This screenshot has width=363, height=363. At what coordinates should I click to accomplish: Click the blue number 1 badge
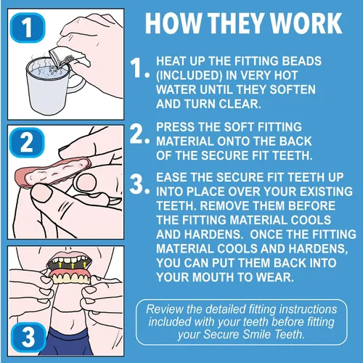point(28,28)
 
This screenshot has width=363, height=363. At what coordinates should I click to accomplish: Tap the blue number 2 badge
point(27,142)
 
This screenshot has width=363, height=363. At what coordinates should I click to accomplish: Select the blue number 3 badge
point(28,337)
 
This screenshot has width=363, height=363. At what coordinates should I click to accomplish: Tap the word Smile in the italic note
point(257,335)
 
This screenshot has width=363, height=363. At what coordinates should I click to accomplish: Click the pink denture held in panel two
point(52,172)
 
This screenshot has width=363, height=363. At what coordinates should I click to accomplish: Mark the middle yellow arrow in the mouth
point(73,266)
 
